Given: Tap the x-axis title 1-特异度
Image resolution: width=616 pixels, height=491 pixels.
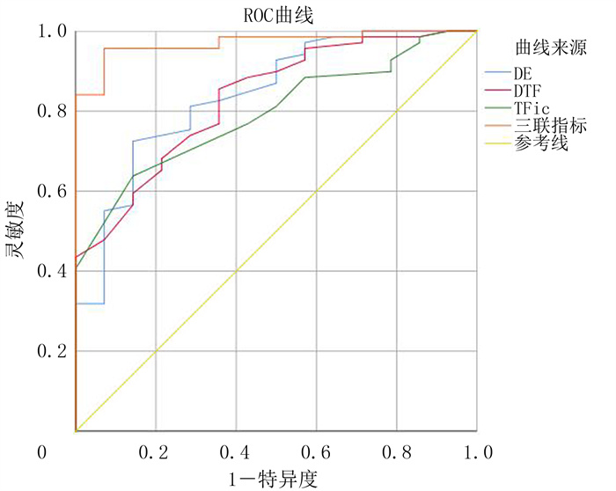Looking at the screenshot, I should [275, 478].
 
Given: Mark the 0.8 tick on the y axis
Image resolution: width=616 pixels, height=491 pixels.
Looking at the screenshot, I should [51, 112].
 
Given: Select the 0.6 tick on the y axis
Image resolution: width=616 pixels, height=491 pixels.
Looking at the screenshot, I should [51, 192].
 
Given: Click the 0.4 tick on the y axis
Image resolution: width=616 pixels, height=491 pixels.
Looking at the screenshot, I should [51, 272].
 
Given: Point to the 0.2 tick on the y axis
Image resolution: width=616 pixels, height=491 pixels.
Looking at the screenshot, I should [51, 352].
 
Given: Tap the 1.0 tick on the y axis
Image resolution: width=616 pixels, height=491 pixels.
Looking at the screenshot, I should [51, 32].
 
